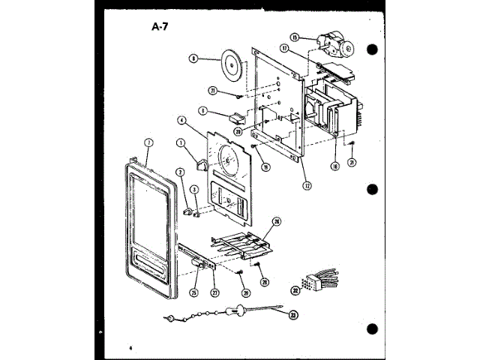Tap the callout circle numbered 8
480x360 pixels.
(193, 58)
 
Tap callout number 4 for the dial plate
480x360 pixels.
(181, 119)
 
